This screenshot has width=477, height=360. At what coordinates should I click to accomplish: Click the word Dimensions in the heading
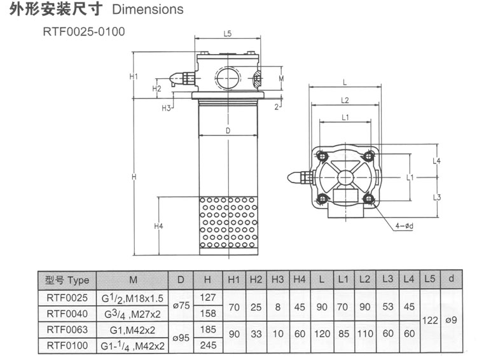(148, 10)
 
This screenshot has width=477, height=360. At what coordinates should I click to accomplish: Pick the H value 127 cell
(207, 297)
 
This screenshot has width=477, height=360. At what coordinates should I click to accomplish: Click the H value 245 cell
(207, 345)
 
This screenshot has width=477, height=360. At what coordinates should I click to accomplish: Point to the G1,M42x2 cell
(133, 329)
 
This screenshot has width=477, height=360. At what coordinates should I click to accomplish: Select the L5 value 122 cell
(431, 321)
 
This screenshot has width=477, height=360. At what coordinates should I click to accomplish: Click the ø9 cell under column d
(451, 321)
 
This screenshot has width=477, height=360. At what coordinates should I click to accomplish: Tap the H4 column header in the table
(300, 279)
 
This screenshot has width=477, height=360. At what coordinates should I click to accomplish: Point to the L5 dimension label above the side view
(228, 34)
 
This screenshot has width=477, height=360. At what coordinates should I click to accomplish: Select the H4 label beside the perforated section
(159, 226)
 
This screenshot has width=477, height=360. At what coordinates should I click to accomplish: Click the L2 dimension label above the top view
(345, 100)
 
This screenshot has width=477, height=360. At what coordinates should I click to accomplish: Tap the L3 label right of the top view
(438, 197)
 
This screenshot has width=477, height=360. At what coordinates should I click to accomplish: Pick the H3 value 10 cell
(277, 338)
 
